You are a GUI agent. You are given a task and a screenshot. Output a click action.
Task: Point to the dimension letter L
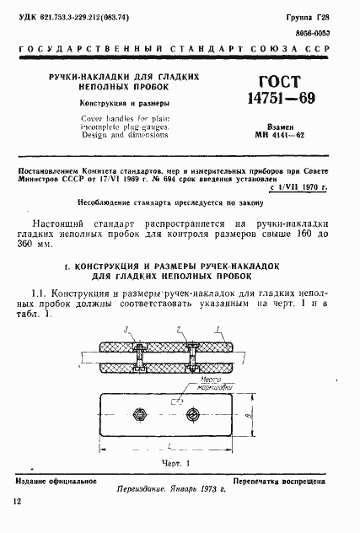(159, 445)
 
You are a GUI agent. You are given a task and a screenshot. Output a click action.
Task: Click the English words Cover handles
(104, 121)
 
